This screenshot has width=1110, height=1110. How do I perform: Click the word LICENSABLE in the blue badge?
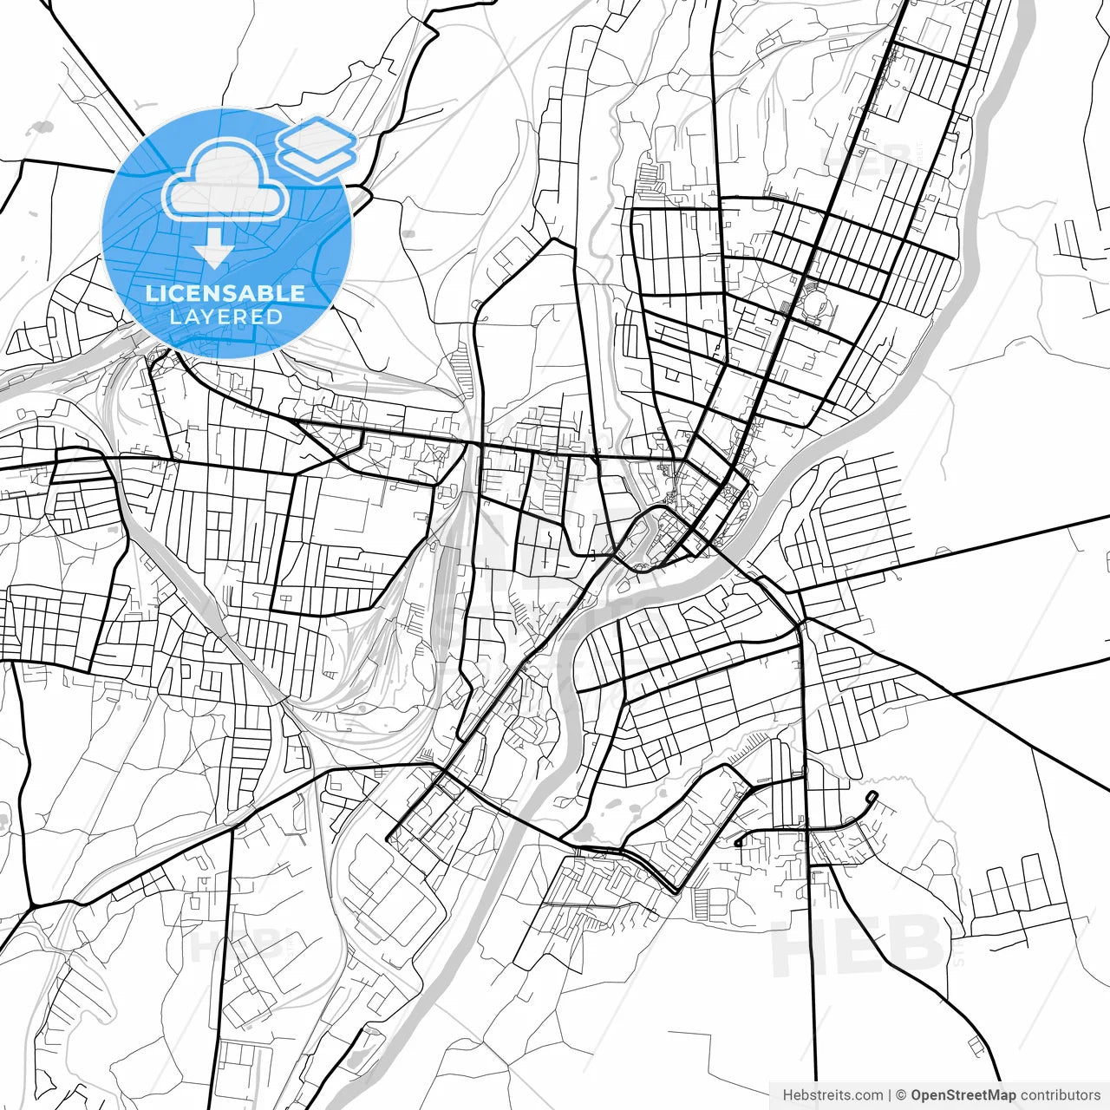[x=225, y=293]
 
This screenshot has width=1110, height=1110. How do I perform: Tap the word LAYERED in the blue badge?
[x=225, y=317]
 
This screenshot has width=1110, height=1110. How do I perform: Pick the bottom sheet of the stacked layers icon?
[x=317, y=160]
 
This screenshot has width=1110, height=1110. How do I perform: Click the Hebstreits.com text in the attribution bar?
[x=832, y=1095]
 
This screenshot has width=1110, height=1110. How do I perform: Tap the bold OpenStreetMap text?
[x=963, y=1095]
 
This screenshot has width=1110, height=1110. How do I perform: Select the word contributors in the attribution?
[x=1060, y=1095]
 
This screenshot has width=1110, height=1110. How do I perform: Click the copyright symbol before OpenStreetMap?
[x=901, y=1095]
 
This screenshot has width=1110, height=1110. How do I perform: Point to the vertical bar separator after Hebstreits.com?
[x=891, y=1095]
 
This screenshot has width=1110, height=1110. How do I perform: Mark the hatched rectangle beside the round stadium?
[x=787, y=308]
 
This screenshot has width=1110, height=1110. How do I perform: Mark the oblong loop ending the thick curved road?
[x=872, y=796]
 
